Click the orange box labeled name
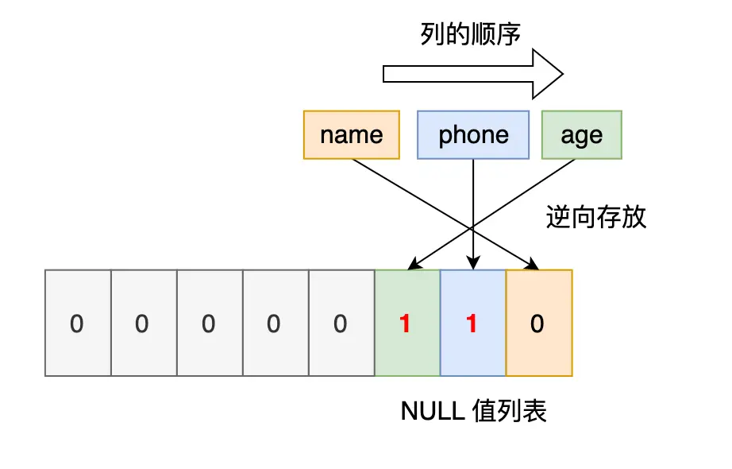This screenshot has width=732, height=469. (351, 135)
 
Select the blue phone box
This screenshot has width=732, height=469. (473, 135)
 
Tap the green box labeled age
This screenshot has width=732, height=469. (581, 135)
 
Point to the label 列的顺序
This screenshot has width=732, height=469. (471, 34)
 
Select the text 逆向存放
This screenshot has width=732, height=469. (596, 217)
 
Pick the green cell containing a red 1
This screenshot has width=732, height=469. (406, 324)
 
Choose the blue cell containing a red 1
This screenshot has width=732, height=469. (472, 324)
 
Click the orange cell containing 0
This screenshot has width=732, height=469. (538, 324)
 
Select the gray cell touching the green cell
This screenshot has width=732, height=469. (341, 324)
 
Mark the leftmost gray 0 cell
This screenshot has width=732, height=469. (77, 324)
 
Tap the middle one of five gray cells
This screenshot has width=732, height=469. (209, 324)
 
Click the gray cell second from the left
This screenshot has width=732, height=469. (143, 324)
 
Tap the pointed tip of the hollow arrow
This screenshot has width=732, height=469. (562, 74)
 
